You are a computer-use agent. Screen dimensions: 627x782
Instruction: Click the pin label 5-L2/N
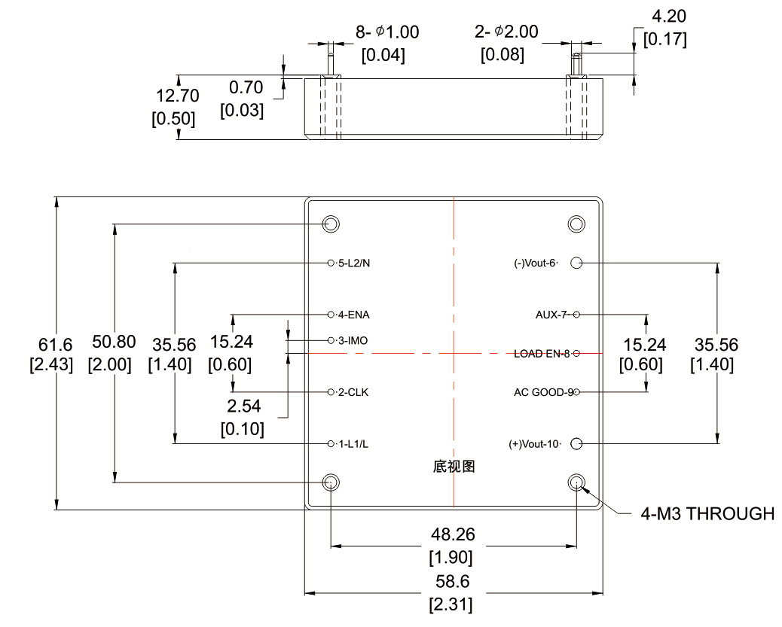353,263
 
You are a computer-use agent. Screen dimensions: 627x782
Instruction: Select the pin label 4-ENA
353,314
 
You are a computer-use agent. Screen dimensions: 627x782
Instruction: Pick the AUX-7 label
551,314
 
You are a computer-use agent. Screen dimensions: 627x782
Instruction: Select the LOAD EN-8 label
542,353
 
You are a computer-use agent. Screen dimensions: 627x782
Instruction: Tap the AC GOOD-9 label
542,392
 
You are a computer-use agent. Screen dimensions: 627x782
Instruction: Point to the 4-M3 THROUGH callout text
707,514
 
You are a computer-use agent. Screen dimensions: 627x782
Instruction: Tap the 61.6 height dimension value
55,344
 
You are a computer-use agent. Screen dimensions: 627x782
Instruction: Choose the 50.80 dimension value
114,342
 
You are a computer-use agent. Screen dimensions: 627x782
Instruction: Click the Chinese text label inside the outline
454,467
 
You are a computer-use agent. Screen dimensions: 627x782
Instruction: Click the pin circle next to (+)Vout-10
577,443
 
